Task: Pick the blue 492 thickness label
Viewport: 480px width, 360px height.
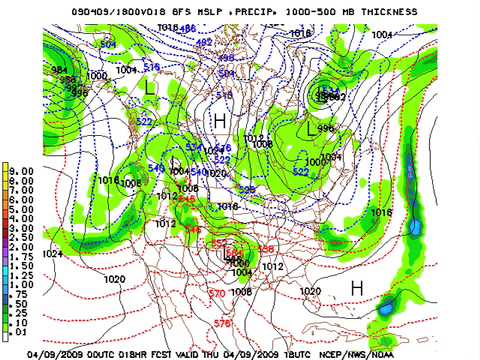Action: point(203,43)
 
